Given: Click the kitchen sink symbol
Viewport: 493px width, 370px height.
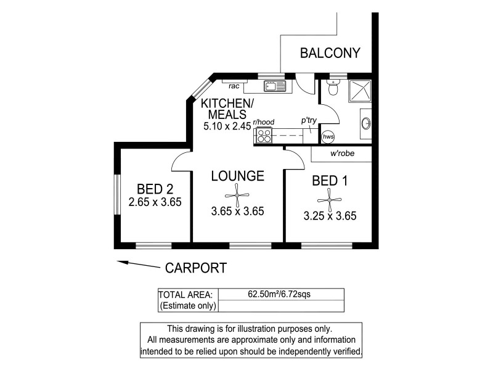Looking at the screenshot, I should click(x=272, y=86).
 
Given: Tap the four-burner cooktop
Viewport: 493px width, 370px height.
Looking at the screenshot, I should click(x=264, y=136).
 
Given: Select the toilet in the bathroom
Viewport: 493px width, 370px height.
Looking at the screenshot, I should click(x=333, y=90).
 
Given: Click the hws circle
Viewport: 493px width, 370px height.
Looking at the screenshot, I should click(x=328, y=136).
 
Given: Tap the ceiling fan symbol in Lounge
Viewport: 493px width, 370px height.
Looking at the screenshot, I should click(x=237, y=193).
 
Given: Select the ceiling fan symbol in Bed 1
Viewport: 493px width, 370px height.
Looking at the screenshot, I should click(x=330, y=199).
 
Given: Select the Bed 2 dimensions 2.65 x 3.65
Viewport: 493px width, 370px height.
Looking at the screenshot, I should click(x=155, y=202).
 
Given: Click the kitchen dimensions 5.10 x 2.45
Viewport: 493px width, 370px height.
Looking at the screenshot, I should click(x=226, y=127).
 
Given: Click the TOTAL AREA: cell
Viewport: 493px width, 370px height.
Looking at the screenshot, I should click(x=186, y=294).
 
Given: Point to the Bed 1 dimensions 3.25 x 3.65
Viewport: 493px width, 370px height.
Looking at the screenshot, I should click(x=330, y=216).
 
